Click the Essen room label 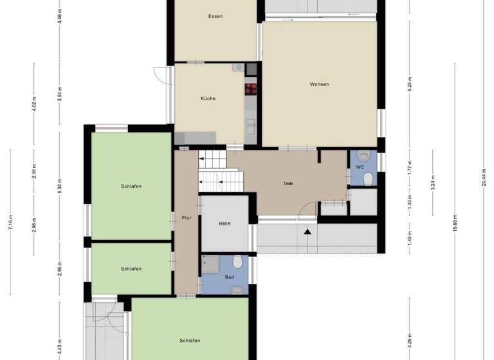(215, 16)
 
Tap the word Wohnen (319, 84)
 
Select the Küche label (208, 98)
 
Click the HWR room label (224, 223)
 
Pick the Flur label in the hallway (187, 218)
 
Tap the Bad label (229, 277)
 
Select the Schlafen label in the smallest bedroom (131, 269)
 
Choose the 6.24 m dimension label (410, 84)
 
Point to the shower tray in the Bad (210, 264)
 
